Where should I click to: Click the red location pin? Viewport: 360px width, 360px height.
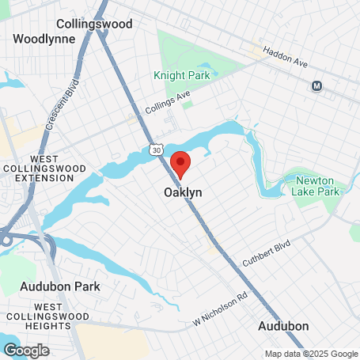coord(181,163)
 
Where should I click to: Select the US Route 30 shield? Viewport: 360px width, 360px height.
coord(155,149)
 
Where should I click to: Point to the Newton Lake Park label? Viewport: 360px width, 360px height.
coord(316,186)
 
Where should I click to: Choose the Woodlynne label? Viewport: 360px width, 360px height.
coord(44,38)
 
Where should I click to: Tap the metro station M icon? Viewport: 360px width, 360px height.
coord(317,85)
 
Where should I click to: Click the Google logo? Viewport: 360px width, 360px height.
coord(26,350)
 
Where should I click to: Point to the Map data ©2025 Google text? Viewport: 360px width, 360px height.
coord(311,354)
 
